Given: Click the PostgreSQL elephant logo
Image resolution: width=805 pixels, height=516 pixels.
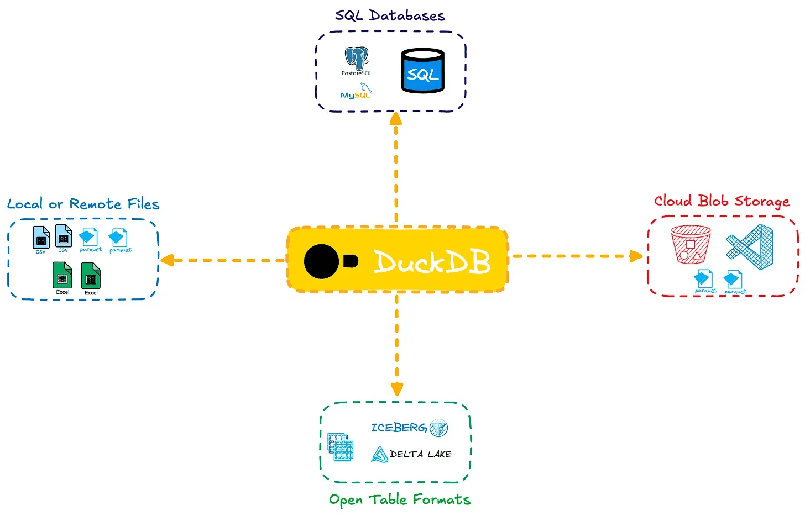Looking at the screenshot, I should pos(357,59).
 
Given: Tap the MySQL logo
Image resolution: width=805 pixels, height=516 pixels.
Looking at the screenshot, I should pos(356,92).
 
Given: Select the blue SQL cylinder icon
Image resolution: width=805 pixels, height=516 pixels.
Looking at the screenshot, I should pos(422,71).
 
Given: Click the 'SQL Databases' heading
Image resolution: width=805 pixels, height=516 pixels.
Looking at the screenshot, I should pos(390,15).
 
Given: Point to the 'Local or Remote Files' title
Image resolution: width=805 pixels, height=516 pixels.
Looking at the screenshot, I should pos(83,204).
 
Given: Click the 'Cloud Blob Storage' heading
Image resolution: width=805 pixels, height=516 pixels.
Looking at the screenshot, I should pos(722,201).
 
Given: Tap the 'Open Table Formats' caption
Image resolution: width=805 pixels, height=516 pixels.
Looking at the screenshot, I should pos(399,499).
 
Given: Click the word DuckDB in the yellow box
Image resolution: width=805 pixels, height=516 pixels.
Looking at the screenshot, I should pos(432,261).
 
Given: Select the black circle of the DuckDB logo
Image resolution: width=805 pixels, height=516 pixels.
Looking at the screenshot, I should pos(321,261).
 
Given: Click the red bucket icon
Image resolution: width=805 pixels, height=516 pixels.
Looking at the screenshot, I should pos(690,244).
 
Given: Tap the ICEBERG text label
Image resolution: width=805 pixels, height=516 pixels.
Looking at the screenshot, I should pos(399,428).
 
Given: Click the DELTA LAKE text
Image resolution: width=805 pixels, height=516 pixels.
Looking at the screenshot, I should pos(421,454).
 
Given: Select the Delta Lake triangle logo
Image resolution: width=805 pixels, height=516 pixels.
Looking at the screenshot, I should pos(379,454).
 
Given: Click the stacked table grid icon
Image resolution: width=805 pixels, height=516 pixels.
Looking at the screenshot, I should pos(340,447).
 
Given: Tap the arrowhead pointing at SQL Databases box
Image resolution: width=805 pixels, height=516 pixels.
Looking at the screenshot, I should pos(396,118).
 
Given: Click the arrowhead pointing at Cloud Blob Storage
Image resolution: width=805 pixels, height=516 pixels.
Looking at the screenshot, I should pos(636,256).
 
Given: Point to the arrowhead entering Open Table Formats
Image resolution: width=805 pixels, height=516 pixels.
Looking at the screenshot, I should pos(397,389).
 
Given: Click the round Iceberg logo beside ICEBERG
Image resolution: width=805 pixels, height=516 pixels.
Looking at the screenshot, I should pos(439,428).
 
